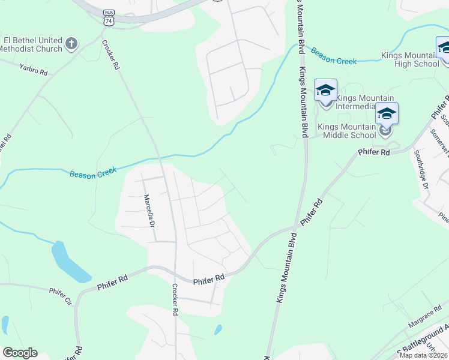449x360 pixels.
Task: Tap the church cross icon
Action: (x=71, y=43)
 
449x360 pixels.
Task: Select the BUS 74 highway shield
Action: (x=108, y=17)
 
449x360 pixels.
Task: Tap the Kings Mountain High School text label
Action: (x=411, y=60)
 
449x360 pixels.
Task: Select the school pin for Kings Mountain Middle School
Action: (x=387, y=116)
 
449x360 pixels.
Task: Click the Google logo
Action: (x=20, y=353)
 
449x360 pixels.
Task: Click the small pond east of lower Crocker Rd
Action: (x=218, y=329)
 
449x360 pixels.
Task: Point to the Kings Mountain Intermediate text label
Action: (x=365, y=102)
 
